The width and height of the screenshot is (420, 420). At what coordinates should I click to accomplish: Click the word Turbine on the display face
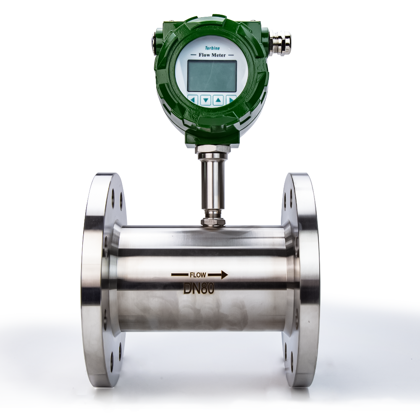[213, 48]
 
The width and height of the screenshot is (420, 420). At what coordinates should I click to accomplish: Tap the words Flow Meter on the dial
[212, 55]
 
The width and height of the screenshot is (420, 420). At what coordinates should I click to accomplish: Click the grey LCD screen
[212, 76]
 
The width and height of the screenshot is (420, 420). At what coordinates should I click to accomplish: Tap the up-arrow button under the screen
[218, 100]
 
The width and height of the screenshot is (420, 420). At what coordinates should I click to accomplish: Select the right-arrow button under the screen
[231, 100]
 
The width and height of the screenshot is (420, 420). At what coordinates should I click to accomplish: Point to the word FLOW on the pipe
[198, 275]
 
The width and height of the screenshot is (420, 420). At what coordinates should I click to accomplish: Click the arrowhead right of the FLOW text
[224, 275]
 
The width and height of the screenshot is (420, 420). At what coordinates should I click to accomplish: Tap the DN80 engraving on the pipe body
[199, 289]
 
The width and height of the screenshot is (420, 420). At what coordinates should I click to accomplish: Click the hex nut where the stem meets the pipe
[213, 221]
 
